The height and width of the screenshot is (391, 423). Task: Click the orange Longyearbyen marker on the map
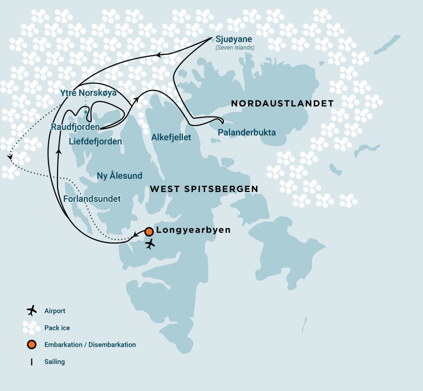[149, 232]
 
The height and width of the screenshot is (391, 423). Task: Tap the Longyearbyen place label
[193, 230]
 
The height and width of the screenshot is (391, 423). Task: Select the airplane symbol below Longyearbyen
[150, 244]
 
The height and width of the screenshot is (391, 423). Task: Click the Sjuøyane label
[233, 40]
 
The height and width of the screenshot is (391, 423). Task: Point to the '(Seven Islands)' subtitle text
[235, 48]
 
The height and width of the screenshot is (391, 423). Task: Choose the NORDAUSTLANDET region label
[282, 103]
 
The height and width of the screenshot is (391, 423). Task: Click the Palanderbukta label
[247, 133]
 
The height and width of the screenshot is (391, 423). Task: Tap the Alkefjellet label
[171, 137]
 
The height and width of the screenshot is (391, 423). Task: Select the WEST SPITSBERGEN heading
[204, 189]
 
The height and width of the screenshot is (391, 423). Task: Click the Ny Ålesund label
[119, 176]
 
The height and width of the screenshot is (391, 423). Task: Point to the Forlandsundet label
[92, 199]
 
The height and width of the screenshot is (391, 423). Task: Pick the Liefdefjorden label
[95, 142]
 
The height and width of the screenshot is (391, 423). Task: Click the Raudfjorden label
[75, 127]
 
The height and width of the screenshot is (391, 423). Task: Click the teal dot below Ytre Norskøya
[86, 112]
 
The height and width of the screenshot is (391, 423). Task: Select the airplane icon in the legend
[31, 310]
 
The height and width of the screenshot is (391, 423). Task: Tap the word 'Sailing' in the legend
[55, 362]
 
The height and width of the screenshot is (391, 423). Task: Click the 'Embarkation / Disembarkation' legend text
[90, 344]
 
